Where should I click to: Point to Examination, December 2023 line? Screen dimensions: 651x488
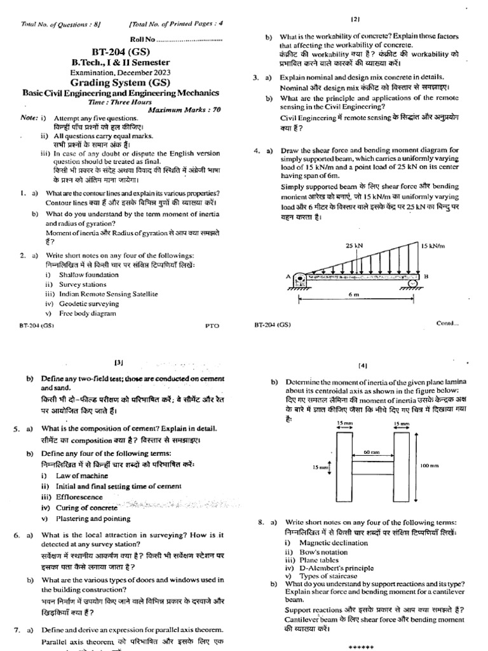click(x=120, y=72)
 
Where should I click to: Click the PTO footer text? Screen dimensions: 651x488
click(x=212, y=325)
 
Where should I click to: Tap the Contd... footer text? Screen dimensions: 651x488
click(x=447, y=324)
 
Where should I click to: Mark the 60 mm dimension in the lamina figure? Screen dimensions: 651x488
click(x=371, y=451)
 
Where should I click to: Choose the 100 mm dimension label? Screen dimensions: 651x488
click(x=430, y=466)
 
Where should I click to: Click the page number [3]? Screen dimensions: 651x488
click(x=119, y=362)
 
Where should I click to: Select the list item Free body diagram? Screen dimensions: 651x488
click(x=88, y=313)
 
